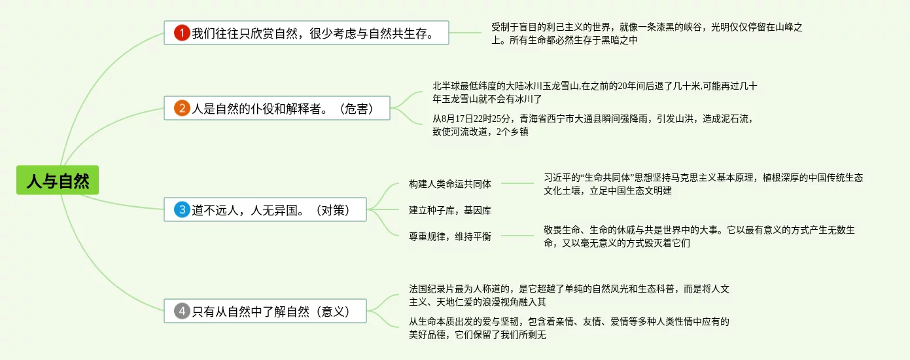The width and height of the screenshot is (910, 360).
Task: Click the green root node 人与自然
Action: [58, 180]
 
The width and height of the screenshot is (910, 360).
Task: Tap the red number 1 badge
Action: [181, 32]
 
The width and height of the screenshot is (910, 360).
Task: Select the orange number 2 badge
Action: [182, 109]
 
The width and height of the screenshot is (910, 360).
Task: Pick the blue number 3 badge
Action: [182, 210]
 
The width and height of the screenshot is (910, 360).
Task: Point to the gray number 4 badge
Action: [183, 312]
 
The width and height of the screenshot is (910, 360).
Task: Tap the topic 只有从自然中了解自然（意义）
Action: [268, 312]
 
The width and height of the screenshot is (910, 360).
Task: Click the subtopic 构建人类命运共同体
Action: [450, 184]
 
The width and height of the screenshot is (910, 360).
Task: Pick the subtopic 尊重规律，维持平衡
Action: [450, 236]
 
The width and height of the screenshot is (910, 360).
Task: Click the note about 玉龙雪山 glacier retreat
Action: [594, 92]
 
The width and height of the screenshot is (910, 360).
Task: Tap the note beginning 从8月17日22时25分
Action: [593, 125]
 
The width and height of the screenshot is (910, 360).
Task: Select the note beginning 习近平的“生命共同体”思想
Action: [703, 184]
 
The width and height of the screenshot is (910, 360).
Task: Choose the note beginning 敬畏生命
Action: [699, 236]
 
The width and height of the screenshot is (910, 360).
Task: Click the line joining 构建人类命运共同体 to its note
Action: [517, 184]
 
